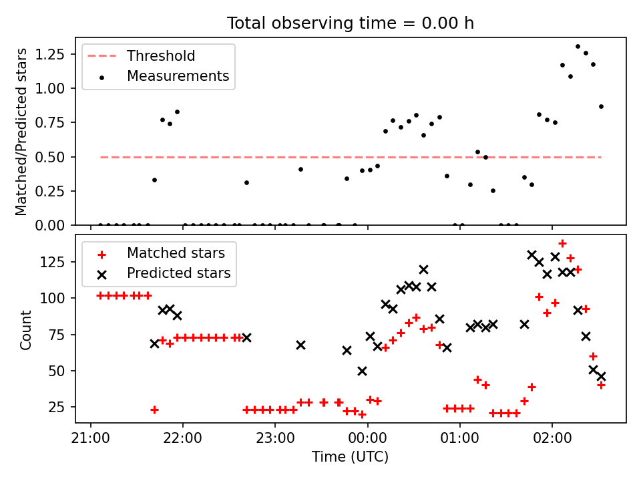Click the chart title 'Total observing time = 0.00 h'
coord(351,23)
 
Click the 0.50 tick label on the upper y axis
coord(49,157)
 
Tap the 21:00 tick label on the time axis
coord(90,438)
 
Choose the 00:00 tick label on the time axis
coord(367,438)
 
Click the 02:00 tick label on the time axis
coord(552,438)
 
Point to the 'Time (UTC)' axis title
coord(351,456)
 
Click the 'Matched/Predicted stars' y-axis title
coord(21,132)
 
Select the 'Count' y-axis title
coord(25,329)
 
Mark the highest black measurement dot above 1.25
coord(578,47)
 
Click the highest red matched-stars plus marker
coord(562,244)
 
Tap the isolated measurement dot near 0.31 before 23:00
coord(246,183)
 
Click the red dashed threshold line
coord(351,157)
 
